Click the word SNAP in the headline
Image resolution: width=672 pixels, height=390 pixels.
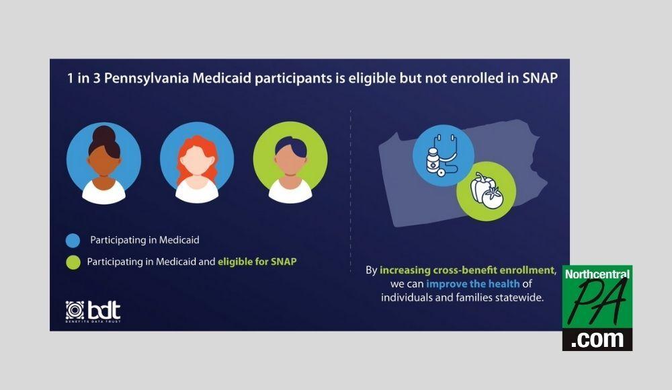tap(540, 78)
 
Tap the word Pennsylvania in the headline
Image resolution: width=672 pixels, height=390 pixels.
tap(146, 79)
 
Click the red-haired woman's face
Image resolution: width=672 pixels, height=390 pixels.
tap(197, 159)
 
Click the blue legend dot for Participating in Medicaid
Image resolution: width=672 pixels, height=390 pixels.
tap(73, 240)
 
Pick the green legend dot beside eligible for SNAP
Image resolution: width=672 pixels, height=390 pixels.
tap(73, 262)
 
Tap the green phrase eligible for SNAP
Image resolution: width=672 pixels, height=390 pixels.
tap(257, 262)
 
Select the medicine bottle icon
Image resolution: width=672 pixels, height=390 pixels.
tap(433, 161)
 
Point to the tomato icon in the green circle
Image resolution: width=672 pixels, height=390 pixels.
tap(493, 198)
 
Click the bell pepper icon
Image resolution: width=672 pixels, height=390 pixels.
tap(480, 187)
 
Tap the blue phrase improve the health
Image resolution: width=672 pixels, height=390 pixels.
tap(472, 284)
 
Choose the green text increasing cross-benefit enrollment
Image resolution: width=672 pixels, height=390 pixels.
tap(467, 270)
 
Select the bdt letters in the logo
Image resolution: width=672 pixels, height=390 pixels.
tap(104, 310)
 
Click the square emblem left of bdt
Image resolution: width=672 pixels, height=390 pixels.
tap(75, 310)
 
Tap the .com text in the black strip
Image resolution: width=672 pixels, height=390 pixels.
tap(597, 339)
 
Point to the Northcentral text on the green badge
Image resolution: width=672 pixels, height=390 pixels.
tap(597, 274)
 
